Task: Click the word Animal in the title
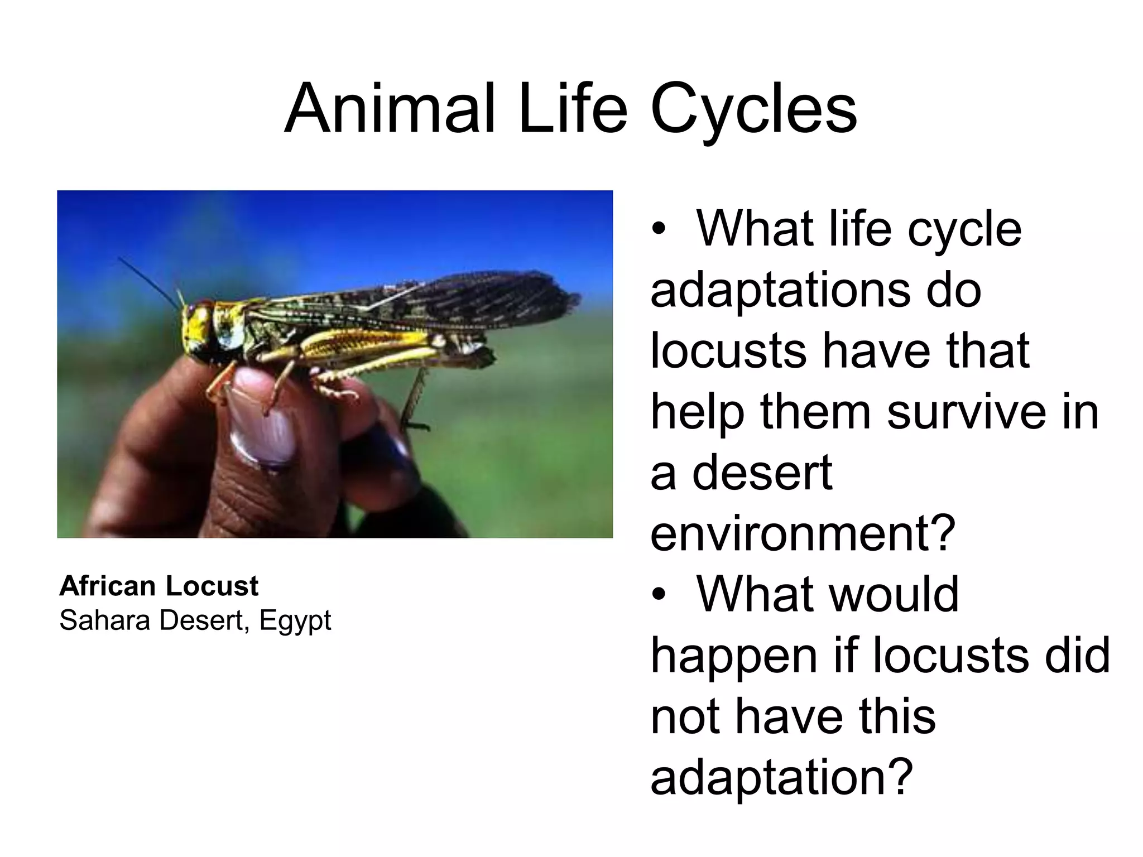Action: [x=390, y=108]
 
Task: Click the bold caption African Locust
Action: [x=159, y=586]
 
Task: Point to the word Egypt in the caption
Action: [x=295, y=620]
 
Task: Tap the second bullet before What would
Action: [x=659, y=595]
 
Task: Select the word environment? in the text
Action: [x=803, y=533]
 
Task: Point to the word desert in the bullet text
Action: [x=762, y=473]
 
